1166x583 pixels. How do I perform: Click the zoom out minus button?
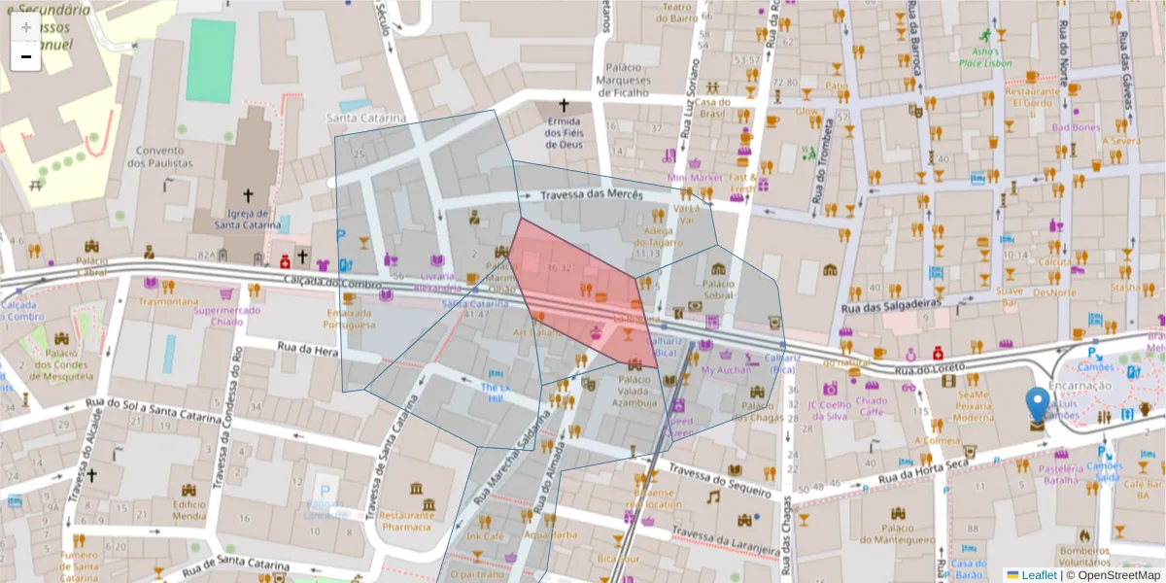[26, 57]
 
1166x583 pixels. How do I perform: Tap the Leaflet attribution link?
[1038, 575]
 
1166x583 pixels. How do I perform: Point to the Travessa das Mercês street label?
[593, 195]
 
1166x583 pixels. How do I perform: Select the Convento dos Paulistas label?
[160, 157]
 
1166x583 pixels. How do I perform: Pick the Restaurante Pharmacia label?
[405, 521]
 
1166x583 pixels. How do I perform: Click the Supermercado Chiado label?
[226, 316]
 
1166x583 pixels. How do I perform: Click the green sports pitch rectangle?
[211, 60]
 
